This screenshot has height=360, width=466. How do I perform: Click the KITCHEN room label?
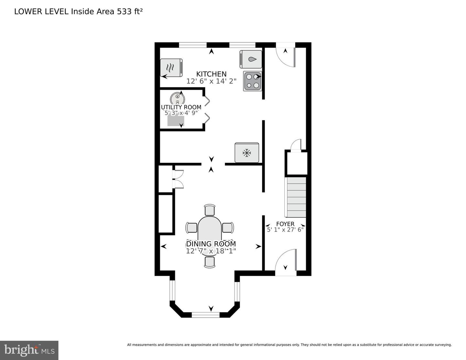coord(211,74)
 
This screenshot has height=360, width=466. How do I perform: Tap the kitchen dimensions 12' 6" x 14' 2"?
coord(211,81)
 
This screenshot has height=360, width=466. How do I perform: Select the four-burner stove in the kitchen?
coord(252,81)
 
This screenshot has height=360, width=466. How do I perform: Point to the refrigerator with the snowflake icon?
coord(247,152)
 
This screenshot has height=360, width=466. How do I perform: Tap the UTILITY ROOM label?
coord(181,107)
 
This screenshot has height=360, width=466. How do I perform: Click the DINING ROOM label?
coord(211,244)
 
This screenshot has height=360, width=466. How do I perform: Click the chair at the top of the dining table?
coord(210,210)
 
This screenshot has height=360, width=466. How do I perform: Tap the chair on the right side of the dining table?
coord(228,228)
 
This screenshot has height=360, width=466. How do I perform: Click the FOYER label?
coord(285,224)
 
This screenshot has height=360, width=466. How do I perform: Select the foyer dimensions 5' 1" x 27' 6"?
coord(285,230)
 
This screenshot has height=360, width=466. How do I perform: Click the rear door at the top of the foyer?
coord(285,56)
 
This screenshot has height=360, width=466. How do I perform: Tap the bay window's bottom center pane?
coord(206,313)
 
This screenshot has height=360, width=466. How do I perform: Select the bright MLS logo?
coord(29,350)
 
